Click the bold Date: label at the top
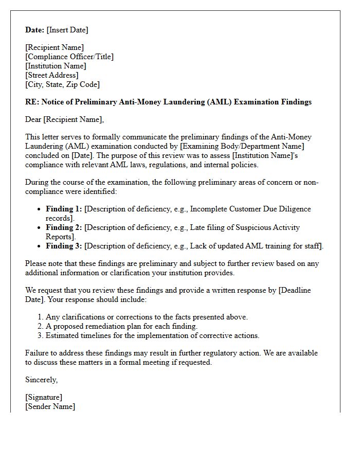[x=35, y=30]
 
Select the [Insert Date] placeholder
[x=68, y=30]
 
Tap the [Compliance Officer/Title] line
[x=69, y=57]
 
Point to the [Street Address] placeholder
[x=51, y=75]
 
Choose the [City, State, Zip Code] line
[x=62, y=84]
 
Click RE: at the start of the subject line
[x=31, y=102]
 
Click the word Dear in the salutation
[x=33, y=120]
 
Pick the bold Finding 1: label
[x=64, y=209]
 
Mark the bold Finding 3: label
[x=64, y=246]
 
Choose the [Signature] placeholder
[x=44, y=397]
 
